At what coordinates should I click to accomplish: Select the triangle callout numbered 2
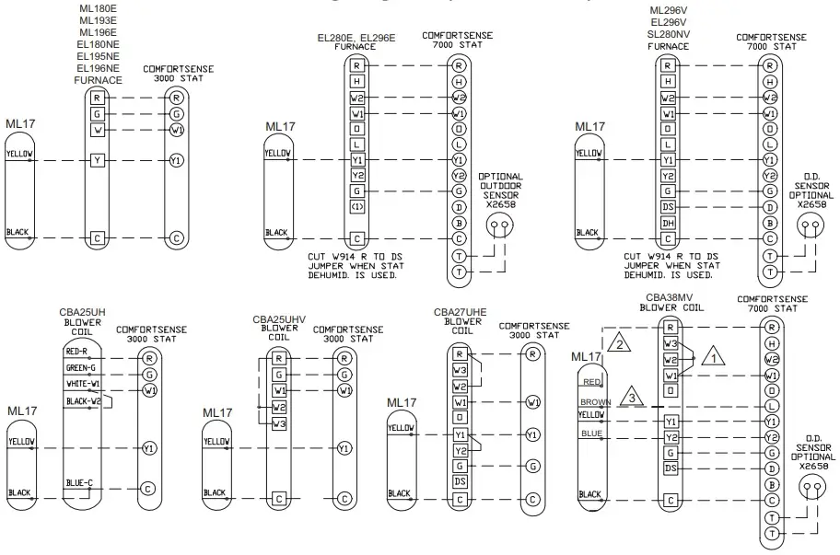point(622,343)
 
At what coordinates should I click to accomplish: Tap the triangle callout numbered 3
point(630,397)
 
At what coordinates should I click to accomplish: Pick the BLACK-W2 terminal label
point(84,400)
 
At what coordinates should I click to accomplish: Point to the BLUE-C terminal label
point(78,482)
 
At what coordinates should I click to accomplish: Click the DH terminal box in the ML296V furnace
point(670,223)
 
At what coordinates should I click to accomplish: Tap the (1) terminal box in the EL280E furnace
point(357,207)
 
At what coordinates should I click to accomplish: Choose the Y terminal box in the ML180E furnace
point(97,160)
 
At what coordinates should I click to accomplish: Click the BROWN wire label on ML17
point(595,402)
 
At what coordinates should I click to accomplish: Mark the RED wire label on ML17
point(591,380)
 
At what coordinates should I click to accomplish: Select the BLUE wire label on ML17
point(591,433)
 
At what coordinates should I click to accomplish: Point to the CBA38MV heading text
point(671,298)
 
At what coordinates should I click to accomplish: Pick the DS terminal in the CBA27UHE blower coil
point(460,481)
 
